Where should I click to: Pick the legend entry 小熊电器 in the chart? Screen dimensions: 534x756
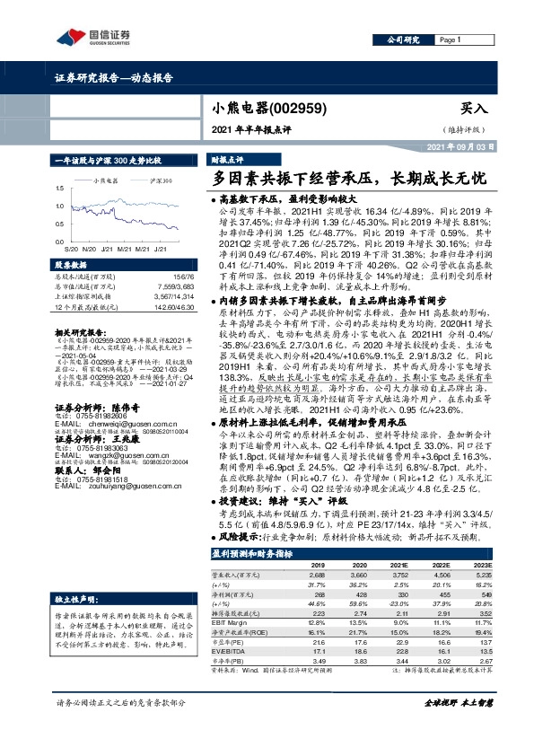tap(109, 180)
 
